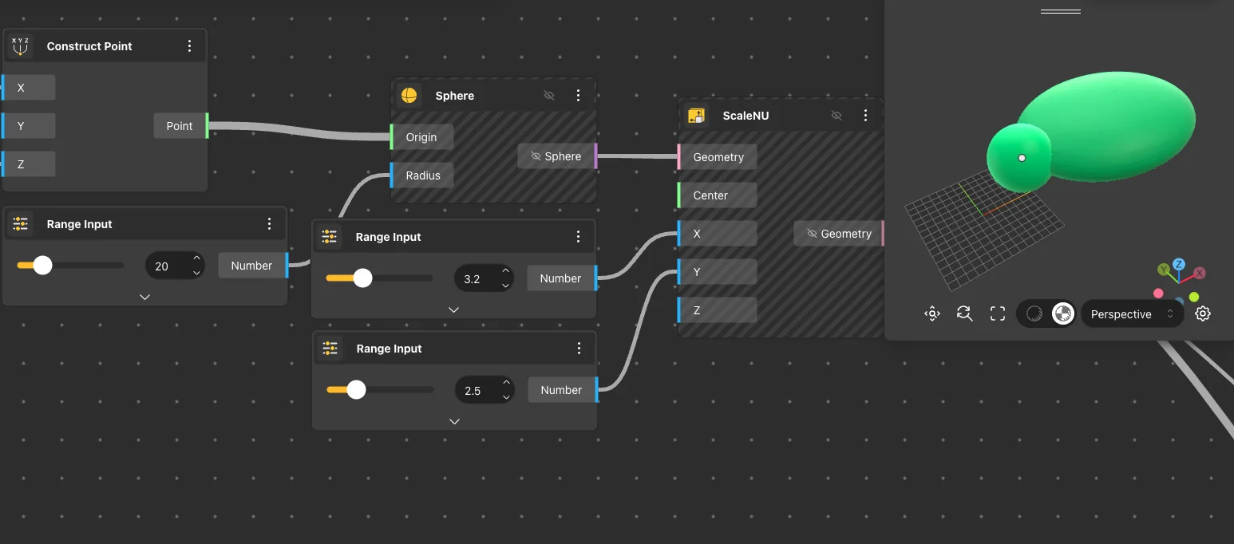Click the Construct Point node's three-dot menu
pos(189,45)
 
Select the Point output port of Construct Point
pos(180,125)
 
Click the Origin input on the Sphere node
pos(421,137)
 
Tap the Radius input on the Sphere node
pos(422,175)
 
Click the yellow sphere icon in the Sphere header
pos(409,95)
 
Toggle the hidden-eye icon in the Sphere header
pos(549,95)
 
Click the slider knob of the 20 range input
pos(42,266)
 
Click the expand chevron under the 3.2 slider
pos(453,310)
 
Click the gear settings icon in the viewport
pos(1203,313)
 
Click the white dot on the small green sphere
pos(1022,158)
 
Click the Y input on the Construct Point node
pos(29,125)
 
